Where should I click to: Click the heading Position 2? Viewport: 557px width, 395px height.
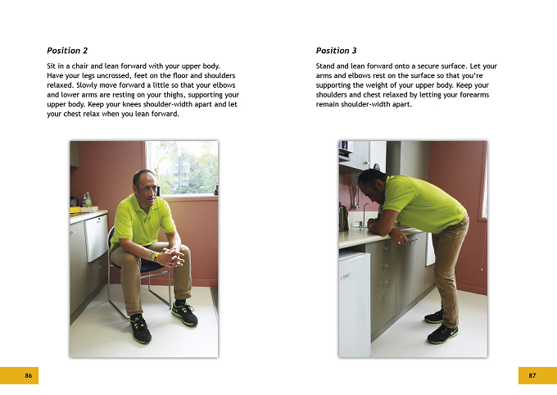tap(67, 51)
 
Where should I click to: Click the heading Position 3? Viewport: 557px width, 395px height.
tap(336, 51)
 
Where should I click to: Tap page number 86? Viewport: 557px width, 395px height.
tap(29, 375)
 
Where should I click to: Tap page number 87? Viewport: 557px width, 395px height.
tap(532, 375)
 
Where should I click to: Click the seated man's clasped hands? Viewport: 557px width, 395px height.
tap(171, 257)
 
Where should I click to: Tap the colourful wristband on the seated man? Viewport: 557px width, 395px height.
tap(154, 256)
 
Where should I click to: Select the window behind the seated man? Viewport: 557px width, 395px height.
tap(182, 168)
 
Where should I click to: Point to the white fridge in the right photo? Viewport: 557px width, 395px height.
tap(355, 304)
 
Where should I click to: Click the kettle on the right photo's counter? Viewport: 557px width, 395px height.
tap(343, 217)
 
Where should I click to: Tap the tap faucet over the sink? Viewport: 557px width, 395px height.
tap(365, 214)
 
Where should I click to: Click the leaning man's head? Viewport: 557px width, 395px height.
tap(371, 186)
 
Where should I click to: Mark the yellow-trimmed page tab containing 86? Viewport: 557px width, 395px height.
tap(19, 375)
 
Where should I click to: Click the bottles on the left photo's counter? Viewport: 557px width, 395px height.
tap(87, 200)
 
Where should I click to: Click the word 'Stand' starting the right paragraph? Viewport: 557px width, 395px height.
tap(325, 66)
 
